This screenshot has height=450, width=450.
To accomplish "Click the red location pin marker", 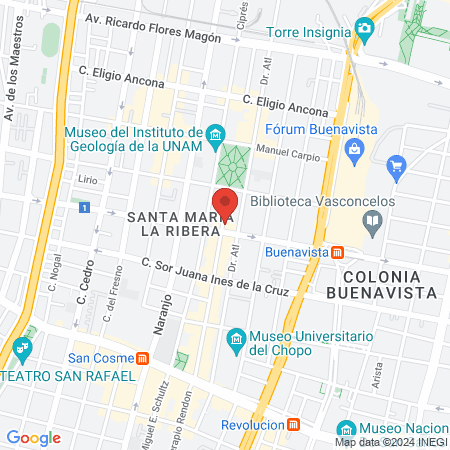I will tap(225, 203).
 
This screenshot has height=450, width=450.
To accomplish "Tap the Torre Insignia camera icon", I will tap(364, 31).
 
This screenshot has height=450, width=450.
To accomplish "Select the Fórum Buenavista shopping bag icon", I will tap(353, 151).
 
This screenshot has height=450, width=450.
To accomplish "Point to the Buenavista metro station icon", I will tap(338, 252).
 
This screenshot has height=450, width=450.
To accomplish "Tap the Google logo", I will tap(34, 438).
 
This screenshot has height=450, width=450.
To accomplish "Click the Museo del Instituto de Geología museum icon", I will tap(214, 134).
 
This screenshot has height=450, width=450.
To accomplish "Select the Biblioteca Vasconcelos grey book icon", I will tap(373, 221).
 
